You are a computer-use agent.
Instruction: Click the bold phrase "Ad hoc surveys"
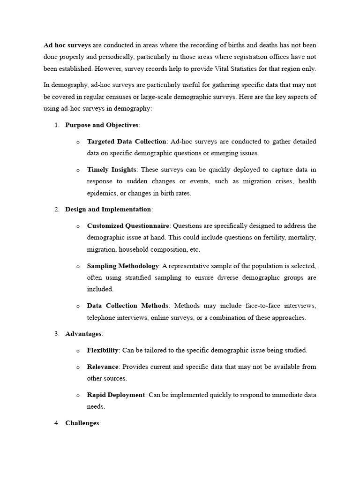coord(67,45)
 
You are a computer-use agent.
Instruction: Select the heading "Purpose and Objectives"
coord(102,125)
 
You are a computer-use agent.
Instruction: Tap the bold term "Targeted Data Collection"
coord(127,142)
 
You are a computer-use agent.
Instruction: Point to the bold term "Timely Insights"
coord(112,170)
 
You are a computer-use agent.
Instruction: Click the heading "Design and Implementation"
coord(108,210)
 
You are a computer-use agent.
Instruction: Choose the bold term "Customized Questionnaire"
coord(128,226)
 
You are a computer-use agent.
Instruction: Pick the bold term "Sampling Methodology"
coord(123,266)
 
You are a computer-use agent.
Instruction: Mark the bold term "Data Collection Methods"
coord(127,306)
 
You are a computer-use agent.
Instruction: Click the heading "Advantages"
coord(83,334)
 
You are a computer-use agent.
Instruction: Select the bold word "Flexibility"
coord(103,350)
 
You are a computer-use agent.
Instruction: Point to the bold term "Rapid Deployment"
coord(116,395)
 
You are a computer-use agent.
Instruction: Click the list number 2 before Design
coord(56,210)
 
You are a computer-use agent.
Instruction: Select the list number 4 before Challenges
coord(56,423)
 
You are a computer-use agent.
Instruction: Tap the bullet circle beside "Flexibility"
coord(78,351)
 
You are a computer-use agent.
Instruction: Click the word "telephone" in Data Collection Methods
coord(101,317)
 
